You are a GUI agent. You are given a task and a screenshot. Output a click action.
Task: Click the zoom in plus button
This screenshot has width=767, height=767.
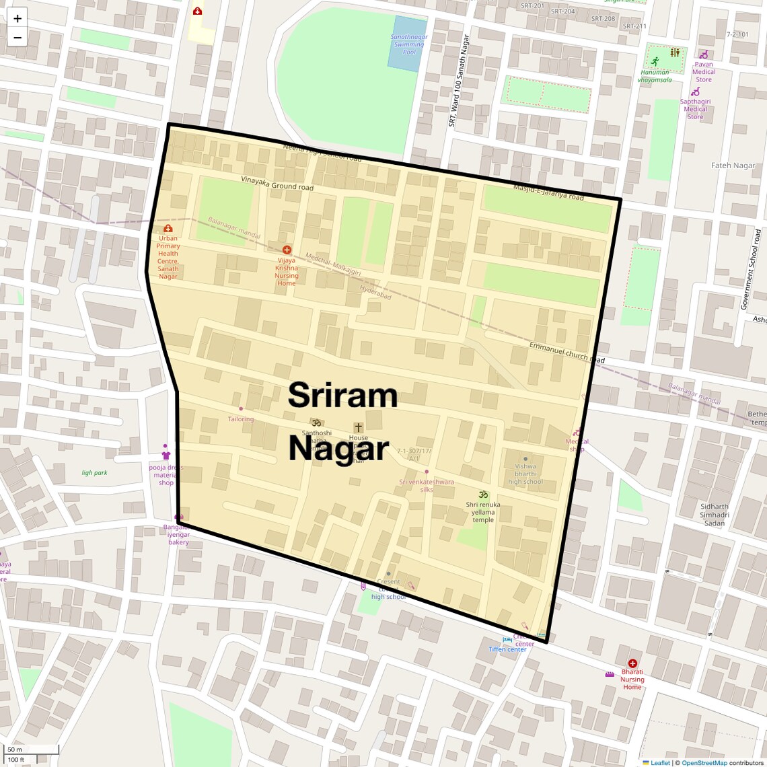pyautogui.click(x=17, y=18)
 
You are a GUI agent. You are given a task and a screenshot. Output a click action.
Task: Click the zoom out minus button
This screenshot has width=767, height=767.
pyautogui.click(x=17, y=38)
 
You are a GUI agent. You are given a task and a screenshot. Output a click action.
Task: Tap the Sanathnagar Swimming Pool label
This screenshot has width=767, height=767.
pyautogui.click(x=409, y=44)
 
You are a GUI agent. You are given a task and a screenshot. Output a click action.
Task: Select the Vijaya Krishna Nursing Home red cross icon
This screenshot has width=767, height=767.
pyautogui.click(x=287, y=250)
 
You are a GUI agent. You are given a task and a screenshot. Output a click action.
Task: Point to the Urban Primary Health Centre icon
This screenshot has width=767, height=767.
pyautogui.click(x=168, y=229)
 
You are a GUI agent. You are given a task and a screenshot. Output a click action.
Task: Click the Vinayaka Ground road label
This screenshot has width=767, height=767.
pyautogui.click(x=277, y=183)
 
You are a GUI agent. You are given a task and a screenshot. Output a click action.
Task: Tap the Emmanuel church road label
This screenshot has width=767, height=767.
pyautogui.click(x=567, y=352)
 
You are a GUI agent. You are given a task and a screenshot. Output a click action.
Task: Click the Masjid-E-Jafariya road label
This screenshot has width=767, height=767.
pyautogui.click(x=548, y=192)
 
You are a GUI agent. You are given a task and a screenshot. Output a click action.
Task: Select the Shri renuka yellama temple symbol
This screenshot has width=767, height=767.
pyautogui.click(x=483, y=495)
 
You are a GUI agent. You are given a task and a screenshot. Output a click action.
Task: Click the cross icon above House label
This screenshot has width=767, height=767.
pyautogui.click(x=359, y=427)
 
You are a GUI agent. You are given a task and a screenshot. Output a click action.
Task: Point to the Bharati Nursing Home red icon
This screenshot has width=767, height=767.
pyautogui.click(x=632, y=663)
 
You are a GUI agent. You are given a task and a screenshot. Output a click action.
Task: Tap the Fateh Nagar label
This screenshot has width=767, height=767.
pyautogui.click(x=733, y=166)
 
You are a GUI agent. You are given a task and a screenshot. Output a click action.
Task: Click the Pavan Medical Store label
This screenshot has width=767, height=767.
pyautogui.click(x=704, y=72)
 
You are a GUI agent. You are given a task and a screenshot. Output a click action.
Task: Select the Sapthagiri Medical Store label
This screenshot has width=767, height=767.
pyautogui.click(x=695, y=109)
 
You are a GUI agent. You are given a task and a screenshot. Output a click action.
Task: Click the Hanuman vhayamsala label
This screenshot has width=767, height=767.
pyautogui.click(x=655, y=76)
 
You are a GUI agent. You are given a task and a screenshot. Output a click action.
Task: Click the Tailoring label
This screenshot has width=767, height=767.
pyautogui.click(x=241, y=419)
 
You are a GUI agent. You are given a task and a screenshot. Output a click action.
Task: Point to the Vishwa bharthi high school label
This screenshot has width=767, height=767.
pyautogui.click(x=525, y=474)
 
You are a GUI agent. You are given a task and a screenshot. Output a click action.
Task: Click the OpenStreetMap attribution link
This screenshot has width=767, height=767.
pyautogui.click(x=704, y=763)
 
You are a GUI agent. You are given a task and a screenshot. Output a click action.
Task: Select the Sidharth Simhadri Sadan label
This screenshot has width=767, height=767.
pyautogui.click(x=714, y=515)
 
